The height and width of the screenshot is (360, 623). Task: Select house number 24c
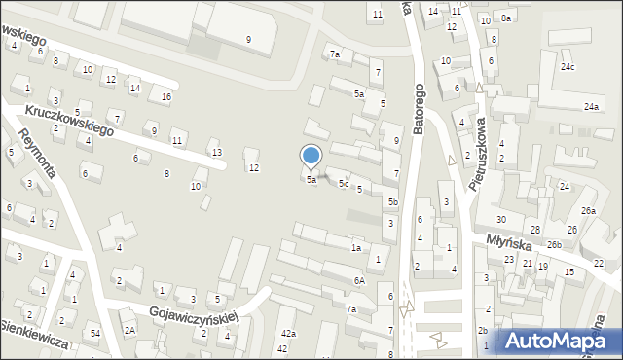567,67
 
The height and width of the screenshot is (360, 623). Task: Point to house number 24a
591,106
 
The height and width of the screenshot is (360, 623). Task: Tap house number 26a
588,211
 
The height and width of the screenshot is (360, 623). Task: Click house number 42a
287,334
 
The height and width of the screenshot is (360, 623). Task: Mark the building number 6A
358,280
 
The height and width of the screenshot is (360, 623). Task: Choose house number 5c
343,183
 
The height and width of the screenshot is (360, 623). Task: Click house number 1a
356,247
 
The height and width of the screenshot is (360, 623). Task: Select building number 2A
128,330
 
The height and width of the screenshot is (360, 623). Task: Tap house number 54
95,334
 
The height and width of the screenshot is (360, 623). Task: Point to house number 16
166,97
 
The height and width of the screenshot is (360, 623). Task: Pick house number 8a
506,18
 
